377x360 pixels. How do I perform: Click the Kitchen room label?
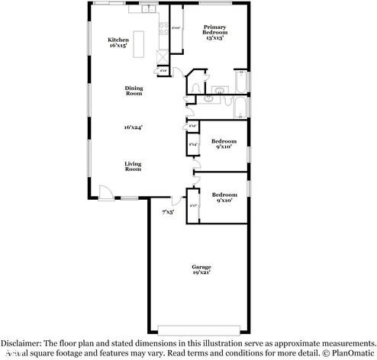click(118, 43)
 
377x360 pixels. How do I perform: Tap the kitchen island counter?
click(140, 44)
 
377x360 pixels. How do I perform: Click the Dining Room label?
click(134, 90)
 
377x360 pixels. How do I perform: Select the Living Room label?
click(134, 166)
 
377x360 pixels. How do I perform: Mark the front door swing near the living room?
click(106, 193)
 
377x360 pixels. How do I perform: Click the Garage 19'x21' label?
click(201, 268)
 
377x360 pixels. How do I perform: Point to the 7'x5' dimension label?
click(167, 211)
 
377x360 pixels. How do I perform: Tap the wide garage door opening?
click(201, 329)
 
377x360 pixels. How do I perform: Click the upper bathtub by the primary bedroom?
click(239, 81)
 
